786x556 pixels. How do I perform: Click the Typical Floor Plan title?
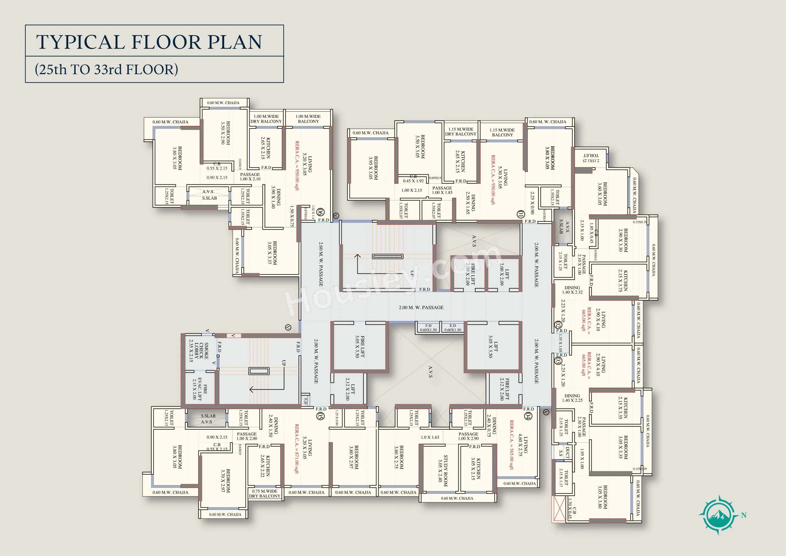tap(149, 42)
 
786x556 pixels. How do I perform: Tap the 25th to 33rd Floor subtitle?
tap(106, 69)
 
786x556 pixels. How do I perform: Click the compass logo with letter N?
tap(718, 515)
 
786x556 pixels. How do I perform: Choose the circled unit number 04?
tap(528, 416)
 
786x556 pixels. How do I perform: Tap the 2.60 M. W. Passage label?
tap(321, 264)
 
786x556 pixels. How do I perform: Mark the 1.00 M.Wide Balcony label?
tap(308, 119)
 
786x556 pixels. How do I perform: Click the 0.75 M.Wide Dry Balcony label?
tap(265, 493)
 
